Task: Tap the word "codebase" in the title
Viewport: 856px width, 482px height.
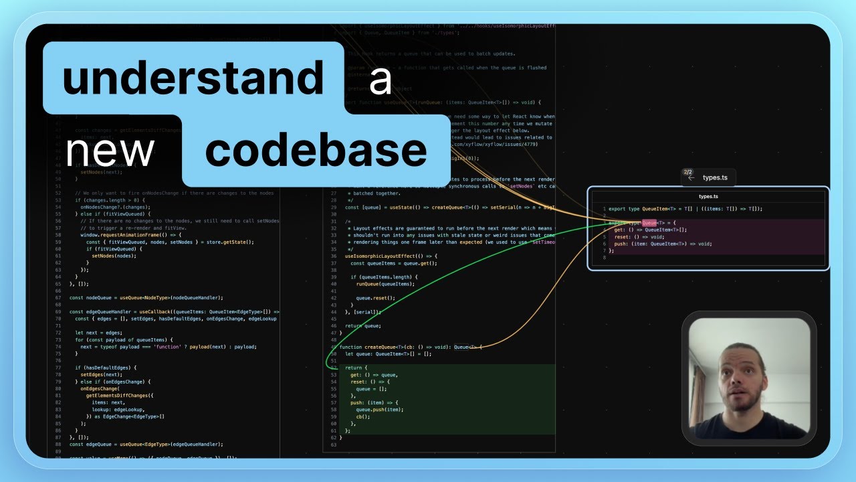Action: point(316,151)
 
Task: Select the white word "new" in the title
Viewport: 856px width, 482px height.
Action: point(110,151)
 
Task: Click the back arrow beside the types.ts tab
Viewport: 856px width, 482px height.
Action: point(691,177)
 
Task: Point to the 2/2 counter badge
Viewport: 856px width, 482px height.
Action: point(688,172)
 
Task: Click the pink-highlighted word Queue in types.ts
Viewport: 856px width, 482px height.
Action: point(649,222)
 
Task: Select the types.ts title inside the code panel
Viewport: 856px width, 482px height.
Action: point(708,196)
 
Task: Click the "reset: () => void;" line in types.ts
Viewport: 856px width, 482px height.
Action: point(640,236)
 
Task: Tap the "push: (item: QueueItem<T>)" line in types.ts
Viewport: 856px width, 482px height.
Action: point(662,244)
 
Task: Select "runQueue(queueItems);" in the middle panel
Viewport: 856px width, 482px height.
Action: point(385,284)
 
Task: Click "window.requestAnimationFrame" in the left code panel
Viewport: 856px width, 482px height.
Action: point(124,236)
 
